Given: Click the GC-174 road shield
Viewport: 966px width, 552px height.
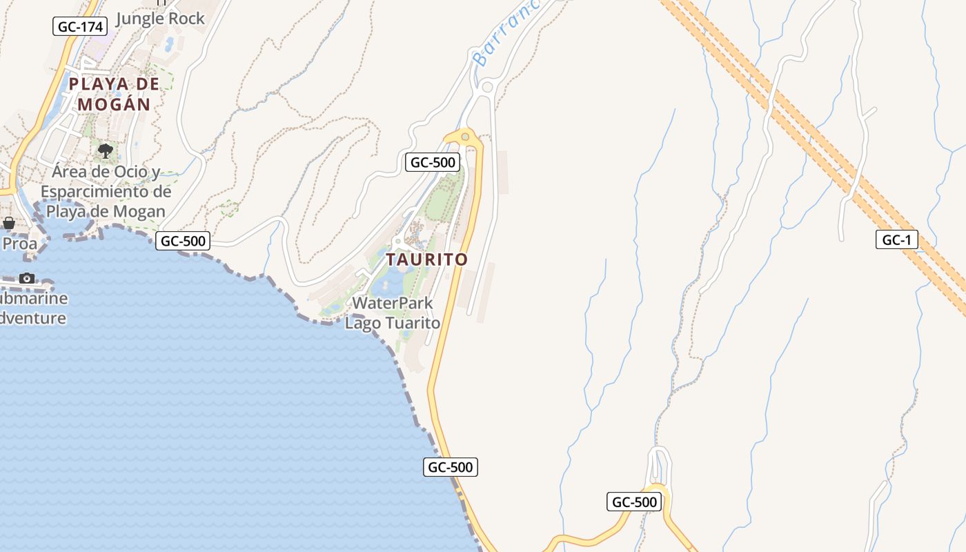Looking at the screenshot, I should [81, 27].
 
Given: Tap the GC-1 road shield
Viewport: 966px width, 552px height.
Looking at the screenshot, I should [896, 240].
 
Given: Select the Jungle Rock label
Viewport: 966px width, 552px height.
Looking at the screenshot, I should [160, 19].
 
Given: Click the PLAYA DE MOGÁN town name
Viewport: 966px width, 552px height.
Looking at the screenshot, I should [115, 94].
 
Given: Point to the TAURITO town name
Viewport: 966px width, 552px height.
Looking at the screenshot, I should [426, 260].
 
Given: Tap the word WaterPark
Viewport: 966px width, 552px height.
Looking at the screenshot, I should [393, 303].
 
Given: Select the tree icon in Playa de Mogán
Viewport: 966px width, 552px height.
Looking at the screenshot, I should [106, 150].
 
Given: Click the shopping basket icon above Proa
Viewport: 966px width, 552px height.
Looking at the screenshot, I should [9, 223].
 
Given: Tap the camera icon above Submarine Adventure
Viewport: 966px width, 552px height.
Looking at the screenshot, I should [27, 278].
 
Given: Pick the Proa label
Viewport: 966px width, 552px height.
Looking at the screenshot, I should [19, 244].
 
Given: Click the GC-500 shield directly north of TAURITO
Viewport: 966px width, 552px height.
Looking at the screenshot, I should [433, 162].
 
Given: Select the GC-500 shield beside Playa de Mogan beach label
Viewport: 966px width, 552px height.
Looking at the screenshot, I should [183, 241].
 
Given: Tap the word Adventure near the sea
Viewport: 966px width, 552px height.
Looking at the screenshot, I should [33, 318].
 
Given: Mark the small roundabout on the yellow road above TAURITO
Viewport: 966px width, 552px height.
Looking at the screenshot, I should [465, 137].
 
